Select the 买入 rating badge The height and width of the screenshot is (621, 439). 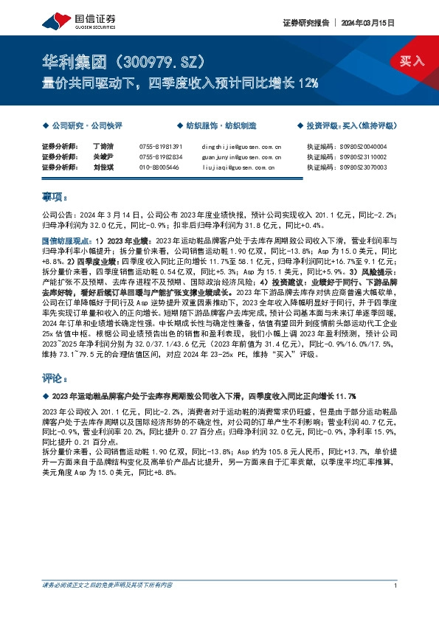coord(412,60)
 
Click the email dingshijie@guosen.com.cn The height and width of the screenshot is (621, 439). coord(241,146)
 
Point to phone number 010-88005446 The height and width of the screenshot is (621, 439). coord(159,167)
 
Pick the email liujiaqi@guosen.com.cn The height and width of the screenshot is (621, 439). coord(238,167)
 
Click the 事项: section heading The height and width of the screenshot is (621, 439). coord(55,197)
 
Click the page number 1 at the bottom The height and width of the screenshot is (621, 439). coord(396,606)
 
